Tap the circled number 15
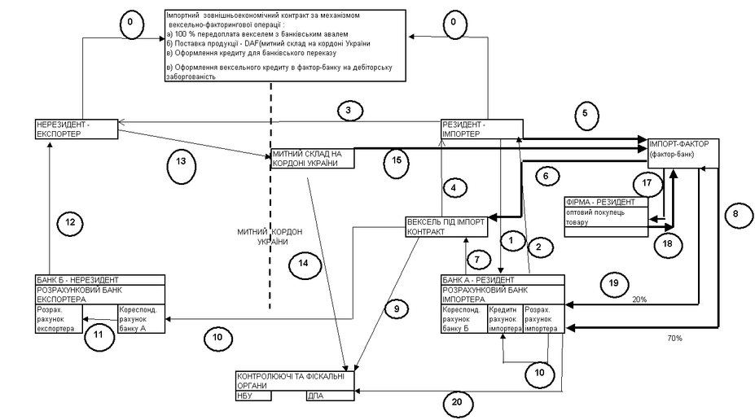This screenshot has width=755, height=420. pos(396,160)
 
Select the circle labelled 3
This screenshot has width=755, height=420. pos(348,111)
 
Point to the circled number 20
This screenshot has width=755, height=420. pos(458,401)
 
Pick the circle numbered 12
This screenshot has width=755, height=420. pos(71,220)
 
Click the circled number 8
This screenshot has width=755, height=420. pos(735,214)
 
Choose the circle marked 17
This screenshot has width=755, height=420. pos(647,183)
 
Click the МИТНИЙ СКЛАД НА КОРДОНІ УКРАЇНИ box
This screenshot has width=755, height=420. pos(313,159)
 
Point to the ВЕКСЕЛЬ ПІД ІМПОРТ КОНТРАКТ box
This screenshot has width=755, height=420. pos(446,225)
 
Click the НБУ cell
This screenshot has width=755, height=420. pos(270,396)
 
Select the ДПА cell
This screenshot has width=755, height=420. pos(330,396)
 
